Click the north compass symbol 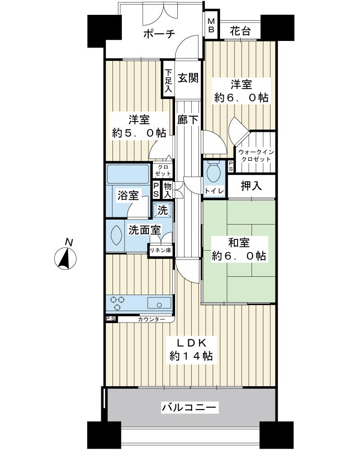tap(66, 259)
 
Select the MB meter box tap(211, 26)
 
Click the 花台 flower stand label tap(240, 32)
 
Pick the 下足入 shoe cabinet tap(168, 81)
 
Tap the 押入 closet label tap(252, 186)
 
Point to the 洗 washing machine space tap(162, 210)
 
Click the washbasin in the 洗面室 tap(116, 234)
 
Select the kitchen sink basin tap(158, 302)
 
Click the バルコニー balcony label tap(189, 408)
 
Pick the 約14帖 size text tap(191, 356)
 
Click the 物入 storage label tap(167, 189)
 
